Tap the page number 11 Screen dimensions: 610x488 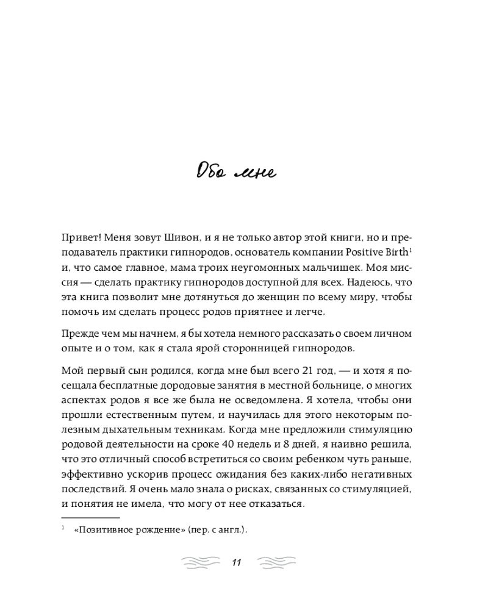click(x=237, y=562)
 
